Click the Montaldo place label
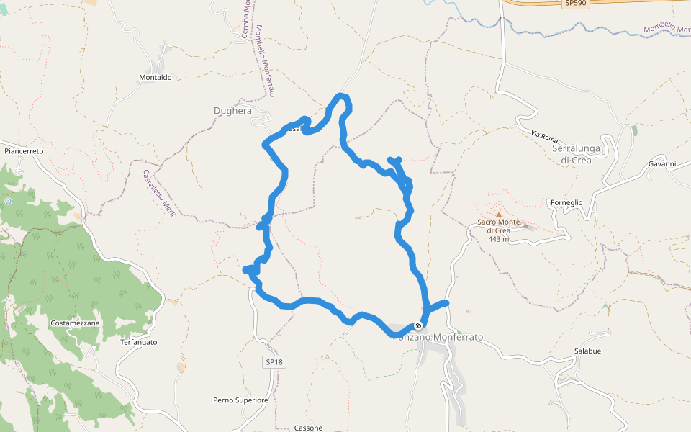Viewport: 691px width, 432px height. point(155,77)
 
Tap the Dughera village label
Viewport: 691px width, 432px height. point(232,111)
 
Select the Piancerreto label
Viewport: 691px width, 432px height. point(24,151)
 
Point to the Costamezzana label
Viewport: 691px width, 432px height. point(75,324)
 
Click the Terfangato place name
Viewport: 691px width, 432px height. point(138,342)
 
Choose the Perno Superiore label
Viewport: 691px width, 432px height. point(240,400)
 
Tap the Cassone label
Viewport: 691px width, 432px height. point(308,428)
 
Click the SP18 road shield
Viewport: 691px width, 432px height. point(275,361)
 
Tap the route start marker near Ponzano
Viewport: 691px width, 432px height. point(418,325)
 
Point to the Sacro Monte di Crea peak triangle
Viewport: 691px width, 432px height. point(498,214)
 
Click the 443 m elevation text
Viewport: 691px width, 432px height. point(498,239)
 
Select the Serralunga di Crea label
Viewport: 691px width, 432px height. point(582,153)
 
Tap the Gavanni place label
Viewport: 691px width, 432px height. point(661,164)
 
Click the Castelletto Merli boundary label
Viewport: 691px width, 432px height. point(159,192)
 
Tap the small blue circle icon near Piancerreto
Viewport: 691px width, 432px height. point(8,202)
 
